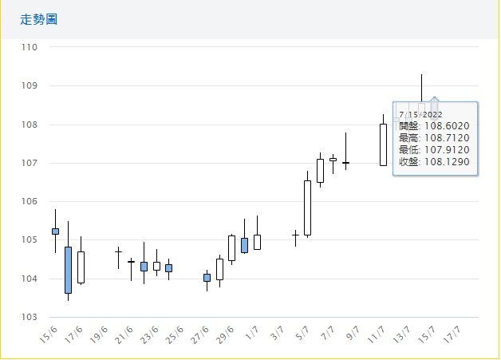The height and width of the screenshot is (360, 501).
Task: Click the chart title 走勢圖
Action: pyautogui.click(x=38, y=19)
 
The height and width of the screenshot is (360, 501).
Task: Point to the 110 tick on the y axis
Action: pyautogui.click(x=30, y=47)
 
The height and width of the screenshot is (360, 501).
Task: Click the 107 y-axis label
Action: pyautogui.click(x=30, y=163)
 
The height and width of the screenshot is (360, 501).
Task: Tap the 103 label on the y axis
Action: pyautogui.click(x=30, y=317)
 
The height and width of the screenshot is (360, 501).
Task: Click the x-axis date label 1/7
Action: pyautogui.click(x=251, y=331)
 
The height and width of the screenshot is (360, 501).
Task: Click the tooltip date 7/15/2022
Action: pyautogui.click(x=420, y=114)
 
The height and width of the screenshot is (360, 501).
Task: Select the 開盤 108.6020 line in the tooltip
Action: pyautogui.click(x=434, y=126)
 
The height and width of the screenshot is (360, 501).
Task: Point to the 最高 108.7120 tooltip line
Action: pyautogui.click(x=434, y=138)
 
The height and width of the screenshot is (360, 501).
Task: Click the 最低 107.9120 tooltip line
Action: pyautogui.click(x=434, y=149)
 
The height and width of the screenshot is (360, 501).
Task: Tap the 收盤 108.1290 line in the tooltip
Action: pyautogui.click(x=434, y=161)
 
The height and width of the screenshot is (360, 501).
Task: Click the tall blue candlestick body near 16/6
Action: pyautogui.click(x=68, y=270)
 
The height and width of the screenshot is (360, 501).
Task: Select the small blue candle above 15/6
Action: pyautogui.click(x=55, y=231)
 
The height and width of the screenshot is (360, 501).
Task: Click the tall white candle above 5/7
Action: pyautogui.click(x=307, y=208)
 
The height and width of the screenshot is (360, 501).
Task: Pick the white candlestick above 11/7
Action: pyautogui.click(x=383, y=144)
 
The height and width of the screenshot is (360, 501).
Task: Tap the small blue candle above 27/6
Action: pyautogui.click(x=207, y=278)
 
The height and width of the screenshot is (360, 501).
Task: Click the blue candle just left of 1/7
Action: pyautogui.click(x=244, y=245)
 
